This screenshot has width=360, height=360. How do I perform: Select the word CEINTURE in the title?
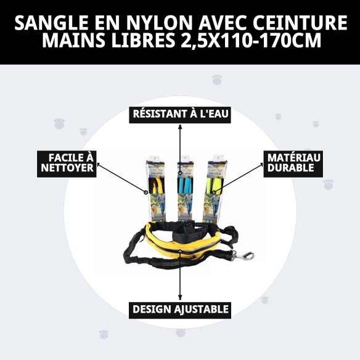(301, 23)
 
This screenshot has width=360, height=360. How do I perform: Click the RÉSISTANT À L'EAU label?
(180, 114)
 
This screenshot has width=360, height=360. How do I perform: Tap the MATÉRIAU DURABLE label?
(293, 163)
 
